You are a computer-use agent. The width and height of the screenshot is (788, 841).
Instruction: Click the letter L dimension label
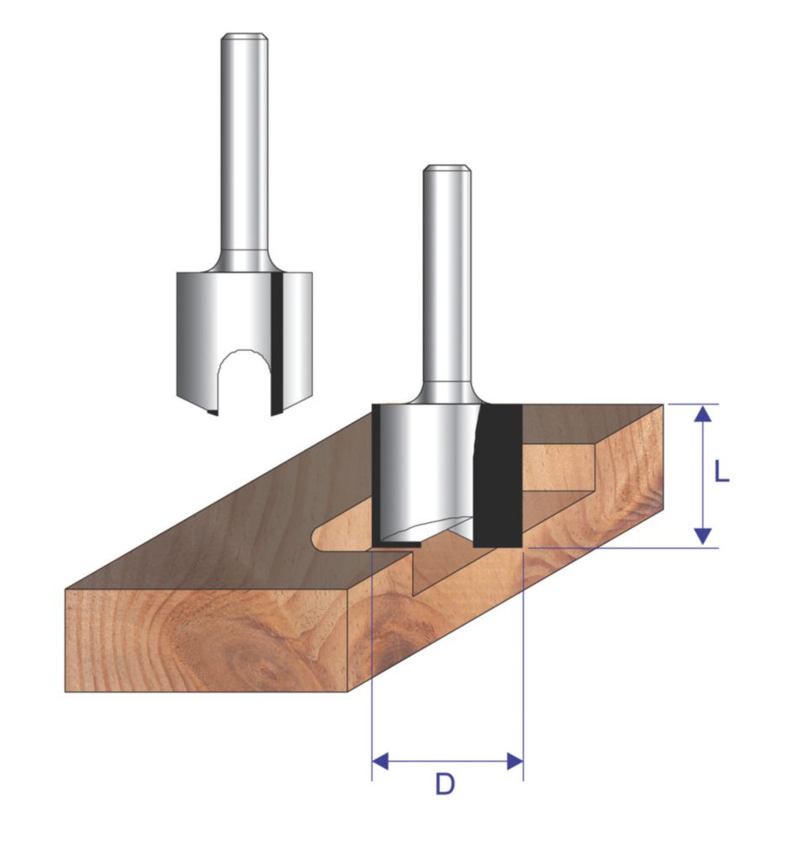click(722, 472)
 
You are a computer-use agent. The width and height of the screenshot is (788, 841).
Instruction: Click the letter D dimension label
click(445, 785)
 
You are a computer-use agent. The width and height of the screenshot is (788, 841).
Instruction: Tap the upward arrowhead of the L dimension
click(703, 414)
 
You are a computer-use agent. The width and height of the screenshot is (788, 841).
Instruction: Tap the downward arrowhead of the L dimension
click(703, 537)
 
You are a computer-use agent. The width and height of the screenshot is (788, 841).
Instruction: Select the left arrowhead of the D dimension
click(380, 760)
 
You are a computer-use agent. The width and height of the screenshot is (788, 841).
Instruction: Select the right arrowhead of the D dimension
click(515, 760)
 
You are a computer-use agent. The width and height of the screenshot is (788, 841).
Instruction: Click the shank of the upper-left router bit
click(244, 151)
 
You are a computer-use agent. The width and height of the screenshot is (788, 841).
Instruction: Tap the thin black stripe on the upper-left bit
click(277, 343)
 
